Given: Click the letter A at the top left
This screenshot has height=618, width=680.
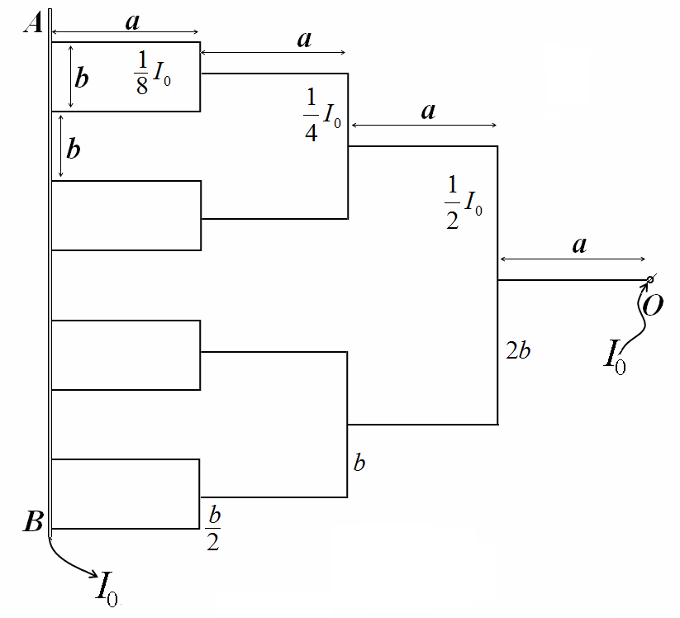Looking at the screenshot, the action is point(33,22).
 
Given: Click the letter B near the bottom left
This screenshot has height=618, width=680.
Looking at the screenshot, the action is point(33,521).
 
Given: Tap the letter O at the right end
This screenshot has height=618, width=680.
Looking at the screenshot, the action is point(653,305).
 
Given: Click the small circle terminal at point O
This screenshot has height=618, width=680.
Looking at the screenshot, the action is point(649,280).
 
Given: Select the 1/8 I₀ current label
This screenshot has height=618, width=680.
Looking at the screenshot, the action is point(152,73).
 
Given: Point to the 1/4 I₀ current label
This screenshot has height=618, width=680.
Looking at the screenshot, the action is point(322,115).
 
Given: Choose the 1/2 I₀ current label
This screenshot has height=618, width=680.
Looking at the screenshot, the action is point(464,202).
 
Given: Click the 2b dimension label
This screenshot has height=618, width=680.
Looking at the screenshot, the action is point(518,350).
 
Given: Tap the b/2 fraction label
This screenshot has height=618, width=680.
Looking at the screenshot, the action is point(213,528).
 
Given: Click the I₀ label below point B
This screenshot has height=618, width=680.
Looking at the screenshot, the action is point(107,589).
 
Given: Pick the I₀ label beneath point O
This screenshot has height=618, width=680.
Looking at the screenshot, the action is point(615,358).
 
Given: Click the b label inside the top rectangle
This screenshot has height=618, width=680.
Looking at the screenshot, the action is point(82,78).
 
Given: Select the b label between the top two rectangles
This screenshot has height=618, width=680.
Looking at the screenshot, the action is point(74,149).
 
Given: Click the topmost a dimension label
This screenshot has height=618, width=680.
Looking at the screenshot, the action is point(133,21).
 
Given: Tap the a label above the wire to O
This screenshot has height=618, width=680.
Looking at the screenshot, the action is point(580,245).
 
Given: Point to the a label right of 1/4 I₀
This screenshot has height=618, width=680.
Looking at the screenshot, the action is point(429,112).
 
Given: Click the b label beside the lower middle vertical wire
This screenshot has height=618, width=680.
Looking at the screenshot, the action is point(359,463).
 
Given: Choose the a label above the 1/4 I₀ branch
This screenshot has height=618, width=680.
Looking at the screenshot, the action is point(304,40).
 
